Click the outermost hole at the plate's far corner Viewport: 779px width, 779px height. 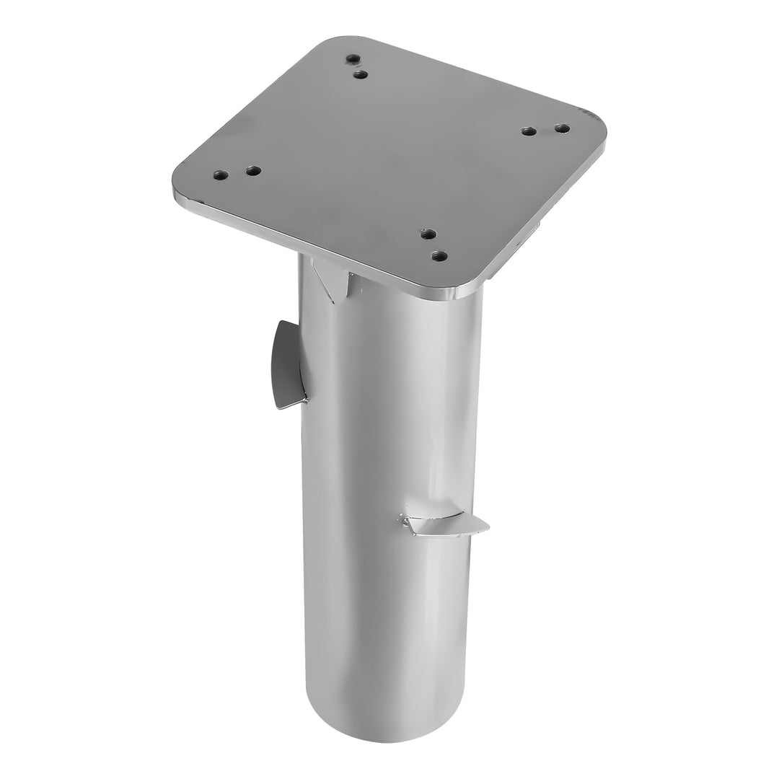click(x=352, y=58)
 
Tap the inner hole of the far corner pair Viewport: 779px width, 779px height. click(x=362, y=74)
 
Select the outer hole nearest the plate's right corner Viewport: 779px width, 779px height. click(x=562, y=128)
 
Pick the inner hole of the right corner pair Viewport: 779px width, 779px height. click(x=529, y=131)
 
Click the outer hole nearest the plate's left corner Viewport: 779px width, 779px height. click(x=221, y=175)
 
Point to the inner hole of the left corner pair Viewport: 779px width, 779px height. click(x=252, y=171)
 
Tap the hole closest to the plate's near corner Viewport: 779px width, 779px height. click(x=439, y=255)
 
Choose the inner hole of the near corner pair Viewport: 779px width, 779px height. click(x=428, y=234)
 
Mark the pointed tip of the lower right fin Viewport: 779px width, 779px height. click(x=488, y=526)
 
